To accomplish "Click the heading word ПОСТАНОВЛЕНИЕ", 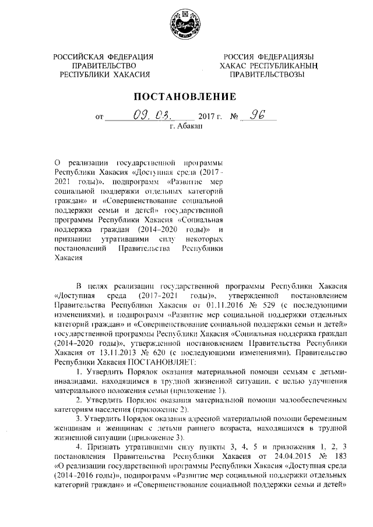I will [185, 96].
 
